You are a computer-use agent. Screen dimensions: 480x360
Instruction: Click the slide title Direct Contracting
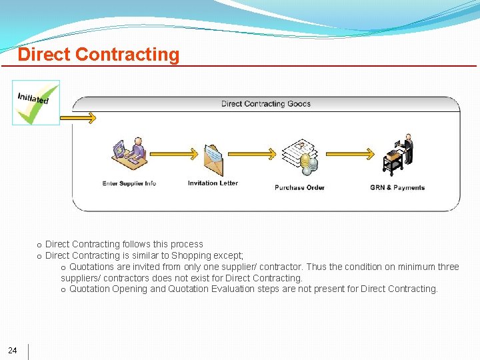pos(99,55)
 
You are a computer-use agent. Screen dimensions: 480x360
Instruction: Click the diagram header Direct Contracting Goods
pos(266,104)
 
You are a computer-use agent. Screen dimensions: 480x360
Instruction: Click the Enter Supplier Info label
pos(129,183)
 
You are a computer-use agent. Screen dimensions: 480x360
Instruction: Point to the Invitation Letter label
pos(213,183)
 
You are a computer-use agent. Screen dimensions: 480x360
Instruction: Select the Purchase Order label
pos(299,188)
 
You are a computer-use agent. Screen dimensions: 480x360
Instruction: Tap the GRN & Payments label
pos(397,188)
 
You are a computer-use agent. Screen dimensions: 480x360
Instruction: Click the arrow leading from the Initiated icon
pos(79,118)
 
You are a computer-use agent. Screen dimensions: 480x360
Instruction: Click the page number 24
pos(13,351)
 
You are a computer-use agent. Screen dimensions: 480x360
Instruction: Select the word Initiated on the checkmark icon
pos(33,97)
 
